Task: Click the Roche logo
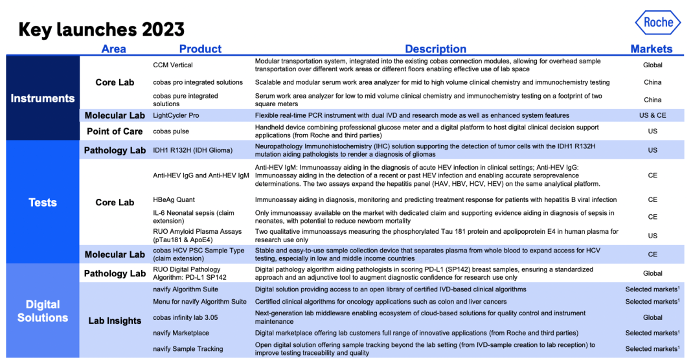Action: point(658,23)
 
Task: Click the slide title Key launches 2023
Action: point(102,30)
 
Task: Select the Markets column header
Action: point(652,49)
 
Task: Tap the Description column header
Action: point(435,49)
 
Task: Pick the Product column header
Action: point(200,49)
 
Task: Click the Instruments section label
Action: point(43,98)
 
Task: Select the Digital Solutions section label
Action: point(43,311)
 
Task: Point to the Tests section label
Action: point(43,203)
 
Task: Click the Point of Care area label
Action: point(115,131)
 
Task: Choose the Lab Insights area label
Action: point(115,321)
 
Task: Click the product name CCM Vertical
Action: point(173,65)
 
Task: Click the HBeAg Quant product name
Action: point(174,200)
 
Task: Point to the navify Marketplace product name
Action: point(182,333)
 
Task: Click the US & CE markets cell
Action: point(652,115)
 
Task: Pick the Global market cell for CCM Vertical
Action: point(652,65)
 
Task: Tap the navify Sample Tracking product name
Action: point(188,349)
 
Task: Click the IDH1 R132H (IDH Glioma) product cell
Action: point(192,150)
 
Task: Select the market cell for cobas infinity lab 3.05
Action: point(652,318)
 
